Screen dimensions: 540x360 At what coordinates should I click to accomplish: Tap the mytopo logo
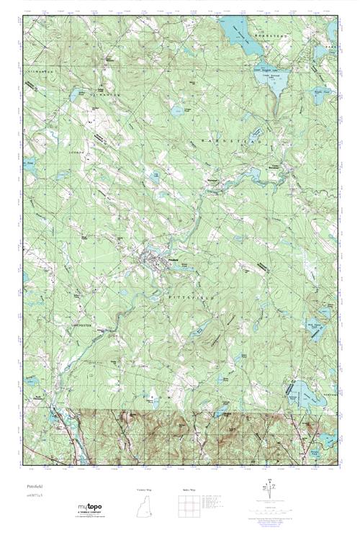[90, 509]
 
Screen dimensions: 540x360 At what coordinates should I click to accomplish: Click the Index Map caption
[189, 489]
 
